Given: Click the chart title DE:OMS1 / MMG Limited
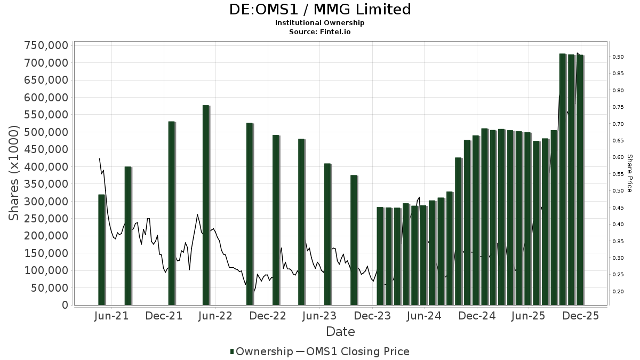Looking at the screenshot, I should [320, 10].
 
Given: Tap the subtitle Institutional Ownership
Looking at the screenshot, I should [320, 23].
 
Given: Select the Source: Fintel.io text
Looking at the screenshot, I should [320, 31].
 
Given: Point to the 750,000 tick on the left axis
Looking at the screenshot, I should [46, 45].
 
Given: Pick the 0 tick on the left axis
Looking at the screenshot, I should [65, 305].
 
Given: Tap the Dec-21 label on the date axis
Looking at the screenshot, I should [164, 316].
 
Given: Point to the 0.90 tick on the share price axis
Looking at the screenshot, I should [618, 57].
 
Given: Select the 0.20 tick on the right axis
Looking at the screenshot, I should [618, 291].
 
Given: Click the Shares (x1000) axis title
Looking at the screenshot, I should [14, 173].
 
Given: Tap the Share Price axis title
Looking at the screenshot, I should [629, 173].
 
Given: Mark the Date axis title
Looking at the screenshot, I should [340, 332].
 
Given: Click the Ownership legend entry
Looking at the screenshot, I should [261, 351].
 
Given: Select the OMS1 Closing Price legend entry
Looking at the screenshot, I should [352, 351].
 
